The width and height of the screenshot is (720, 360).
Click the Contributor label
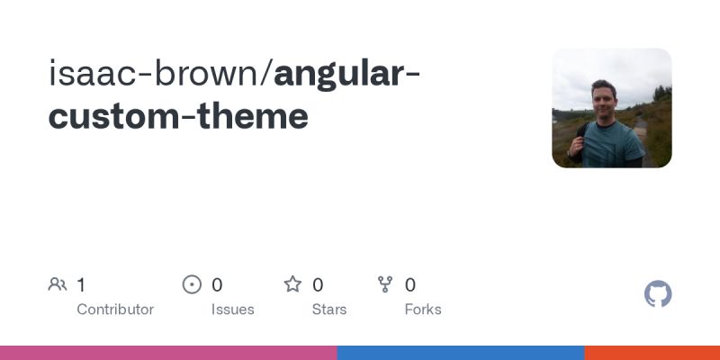click(x=115, y=309)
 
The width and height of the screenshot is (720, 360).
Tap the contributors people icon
click(x=58, y=285)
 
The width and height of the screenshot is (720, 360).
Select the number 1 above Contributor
click(x=81, y=285)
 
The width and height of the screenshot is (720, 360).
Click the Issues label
click(x=232, y=309)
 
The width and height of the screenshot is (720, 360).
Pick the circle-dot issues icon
click(x=192, y=285)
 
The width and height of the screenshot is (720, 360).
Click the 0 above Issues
click(x=217, y=285)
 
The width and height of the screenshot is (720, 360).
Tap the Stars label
click(x=329, y=309)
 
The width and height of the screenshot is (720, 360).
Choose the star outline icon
click(x=292, y=285)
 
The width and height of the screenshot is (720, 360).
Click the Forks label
click(x=423, y=309)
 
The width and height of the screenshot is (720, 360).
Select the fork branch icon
click(x=386, y=285)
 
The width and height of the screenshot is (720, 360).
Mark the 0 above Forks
click(x=410, y=285)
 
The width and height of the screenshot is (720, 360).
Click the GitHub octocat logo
click(x=658, y=294)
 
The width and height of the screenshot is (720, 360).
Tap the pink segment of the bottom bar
click(x=168, y=353)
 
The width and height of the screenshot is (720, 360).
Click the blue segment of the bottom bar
click(x=461, y=353)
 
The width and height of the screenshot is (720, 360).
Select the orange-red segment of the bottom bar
click(x=652, y=353)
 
